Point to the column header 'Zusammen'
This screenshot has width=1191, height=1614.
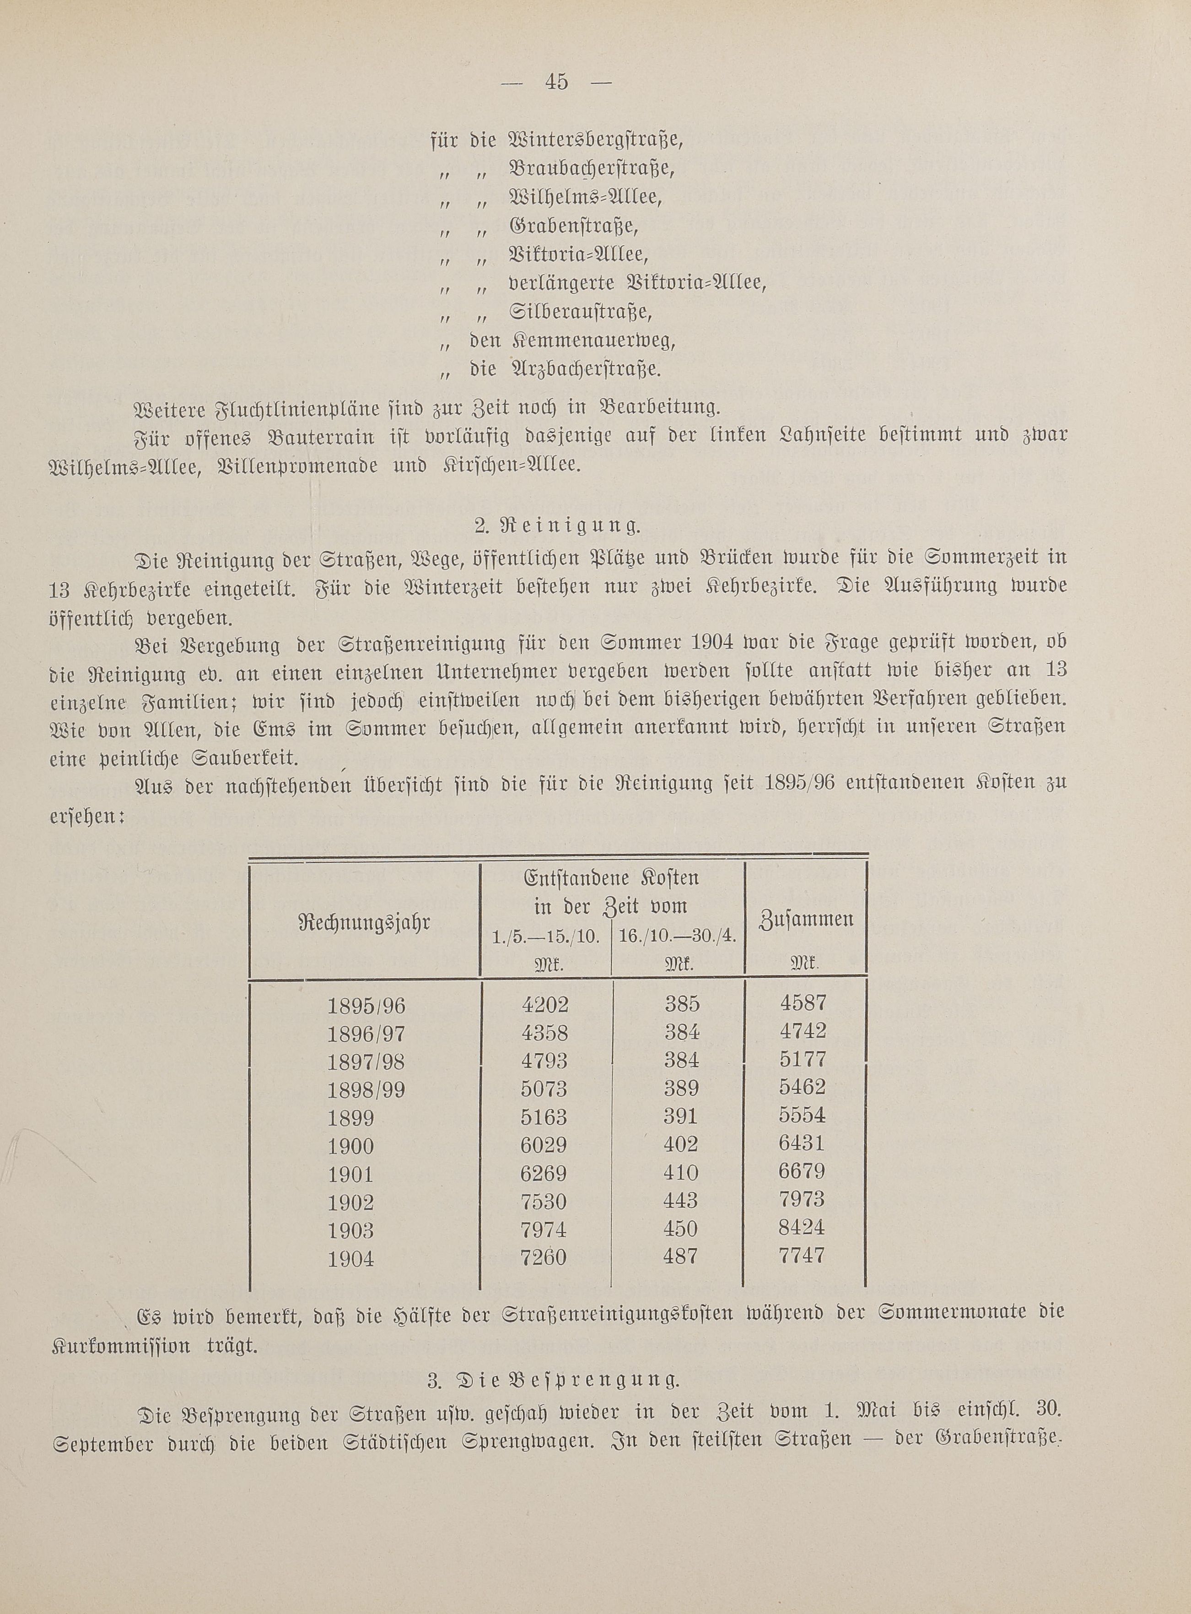pyautogui.click(x=807, y=920)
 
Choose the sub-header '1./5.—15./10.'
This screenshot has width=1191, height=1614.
pyautogui.click(x=546, y=936)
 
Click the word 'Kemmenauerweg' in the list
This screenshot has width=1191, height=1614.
pyautogui.click(x=595, y=341)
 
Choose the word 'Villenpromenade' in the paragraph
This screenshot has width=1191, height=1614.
pyautogui.click(x=296, y=465)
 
